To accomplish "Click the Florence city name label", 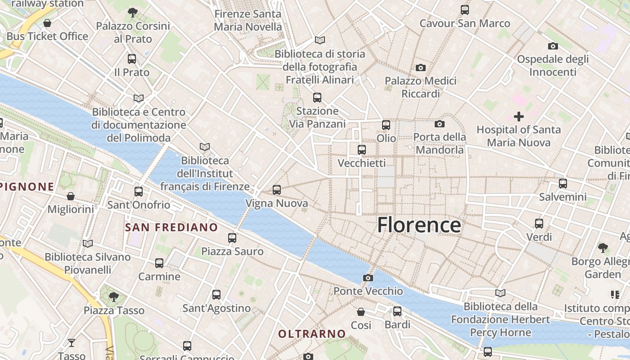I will coord(419,225).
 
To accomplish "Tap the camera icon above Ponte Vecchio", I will coord(368,278).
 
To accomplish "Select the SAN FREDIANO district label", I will coord(171,227).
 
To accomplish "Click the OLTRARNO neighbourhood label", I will coord(312,334).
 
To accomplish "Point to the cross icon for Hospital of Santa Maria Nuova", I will coord(519,117).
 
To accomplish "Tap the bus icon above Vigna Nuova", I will coord(277,190).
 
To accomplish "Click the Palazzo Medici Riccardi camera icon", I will coord(421,67).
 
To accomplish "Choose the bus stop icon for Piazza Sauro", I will coord(232,238).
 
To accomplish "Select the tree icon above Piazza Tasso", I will coord(114,297).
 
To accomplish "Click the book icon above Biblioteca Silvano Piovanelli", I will coord(88,243).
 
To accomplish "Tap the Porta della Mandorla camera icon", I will coord(440,124).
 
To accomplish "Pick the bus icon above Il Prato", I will coord(132,58).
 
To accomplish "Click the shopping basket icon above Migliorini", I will coord(71,196).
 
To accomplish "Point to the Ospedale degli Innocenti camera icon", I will coord(553,46).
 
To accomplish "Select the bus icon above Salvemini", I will coord(563,184).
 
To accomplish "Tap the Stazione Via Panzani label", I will coord(317,117).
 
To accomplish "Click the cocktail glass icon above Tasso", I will coord(72,343).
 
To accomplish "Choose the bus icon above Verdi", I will coord(539,223).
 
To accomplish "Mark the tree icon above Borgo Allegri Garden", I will coord(603,247).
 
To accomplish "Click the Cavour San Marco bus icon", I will coord(465,9).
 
